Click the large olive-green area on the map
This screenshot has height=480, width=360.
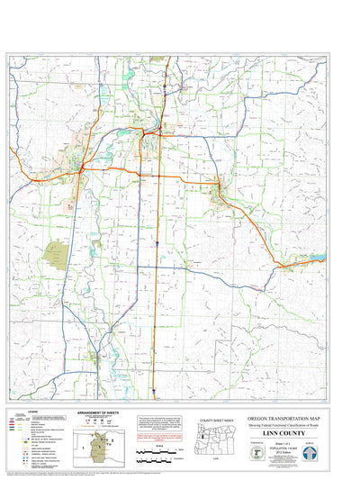[x=58, y=256]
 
